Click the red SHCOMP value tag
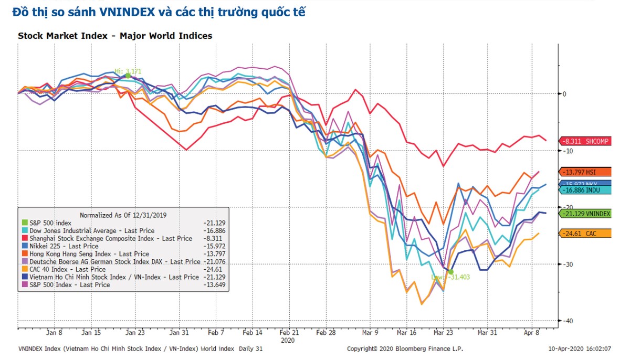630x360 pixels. coord(584,141)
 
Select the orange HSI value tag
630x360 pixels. coord(584,172)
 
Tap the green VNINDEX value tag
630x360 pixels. coord(584,214)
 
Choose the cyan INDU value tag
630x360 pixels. coord(584,190)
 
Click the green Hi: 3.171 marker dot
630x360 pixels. coord(128,76)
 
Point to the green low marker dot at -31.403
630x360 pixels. coord(450,271)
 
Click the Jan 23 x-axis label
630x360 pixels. coord(135,333)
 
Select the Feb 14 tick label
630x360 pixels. coord(253,333)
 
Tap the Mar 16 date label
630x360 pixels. coord(407,333)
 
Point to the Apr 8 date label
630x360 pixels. coord(532,333)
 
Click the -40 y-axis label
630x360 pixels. coord(565,321)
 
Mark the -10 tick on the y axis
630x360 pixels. coord(565,151)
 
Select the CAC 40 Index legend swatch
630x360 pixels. coord(24,269)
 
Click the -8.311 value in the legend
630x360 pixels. coord(214,238)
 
